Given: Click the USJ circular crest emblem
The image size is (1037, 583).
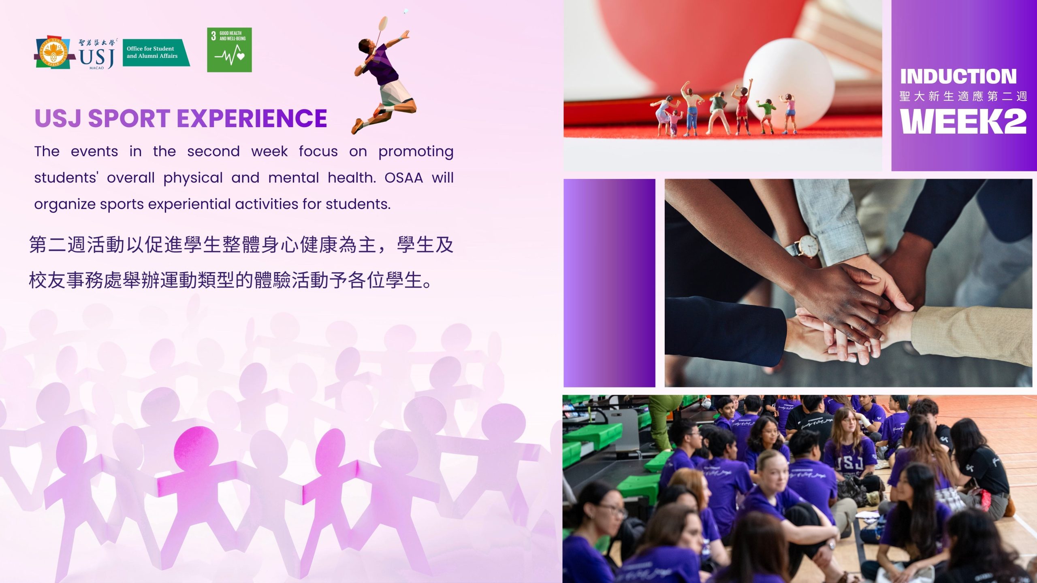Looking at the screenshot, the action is [53, 52].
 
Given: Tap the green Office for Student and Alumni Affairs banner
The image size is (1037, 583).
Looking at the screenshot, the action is [156, 52].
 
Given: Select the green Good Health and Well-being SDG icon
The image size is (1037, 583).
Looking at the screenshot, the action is [229, 50].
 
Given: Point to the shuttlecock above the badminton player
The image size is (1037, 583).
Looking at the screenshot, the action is [405, 11].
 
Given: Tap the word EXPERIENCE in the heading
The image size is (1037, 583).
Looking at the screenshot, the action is [252, 118].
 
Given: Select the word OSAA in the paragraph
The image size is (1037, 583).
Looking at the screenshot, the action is [403, 178].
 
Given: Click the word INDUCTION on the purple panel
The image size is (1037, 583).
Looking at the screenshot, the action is [958, 77].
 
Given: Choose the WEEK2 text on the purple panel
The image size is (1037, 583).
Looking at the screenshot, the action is [963, 121].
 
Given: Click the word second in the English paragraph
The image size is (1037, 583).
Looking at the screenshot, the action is [213, 151].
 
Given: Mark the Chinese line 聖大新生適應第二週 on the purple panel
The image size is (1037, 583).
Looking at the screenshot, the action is [963, 96].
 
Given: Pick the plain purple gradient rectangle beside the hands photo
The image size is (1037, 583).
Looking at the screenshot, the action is [609, 283].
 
